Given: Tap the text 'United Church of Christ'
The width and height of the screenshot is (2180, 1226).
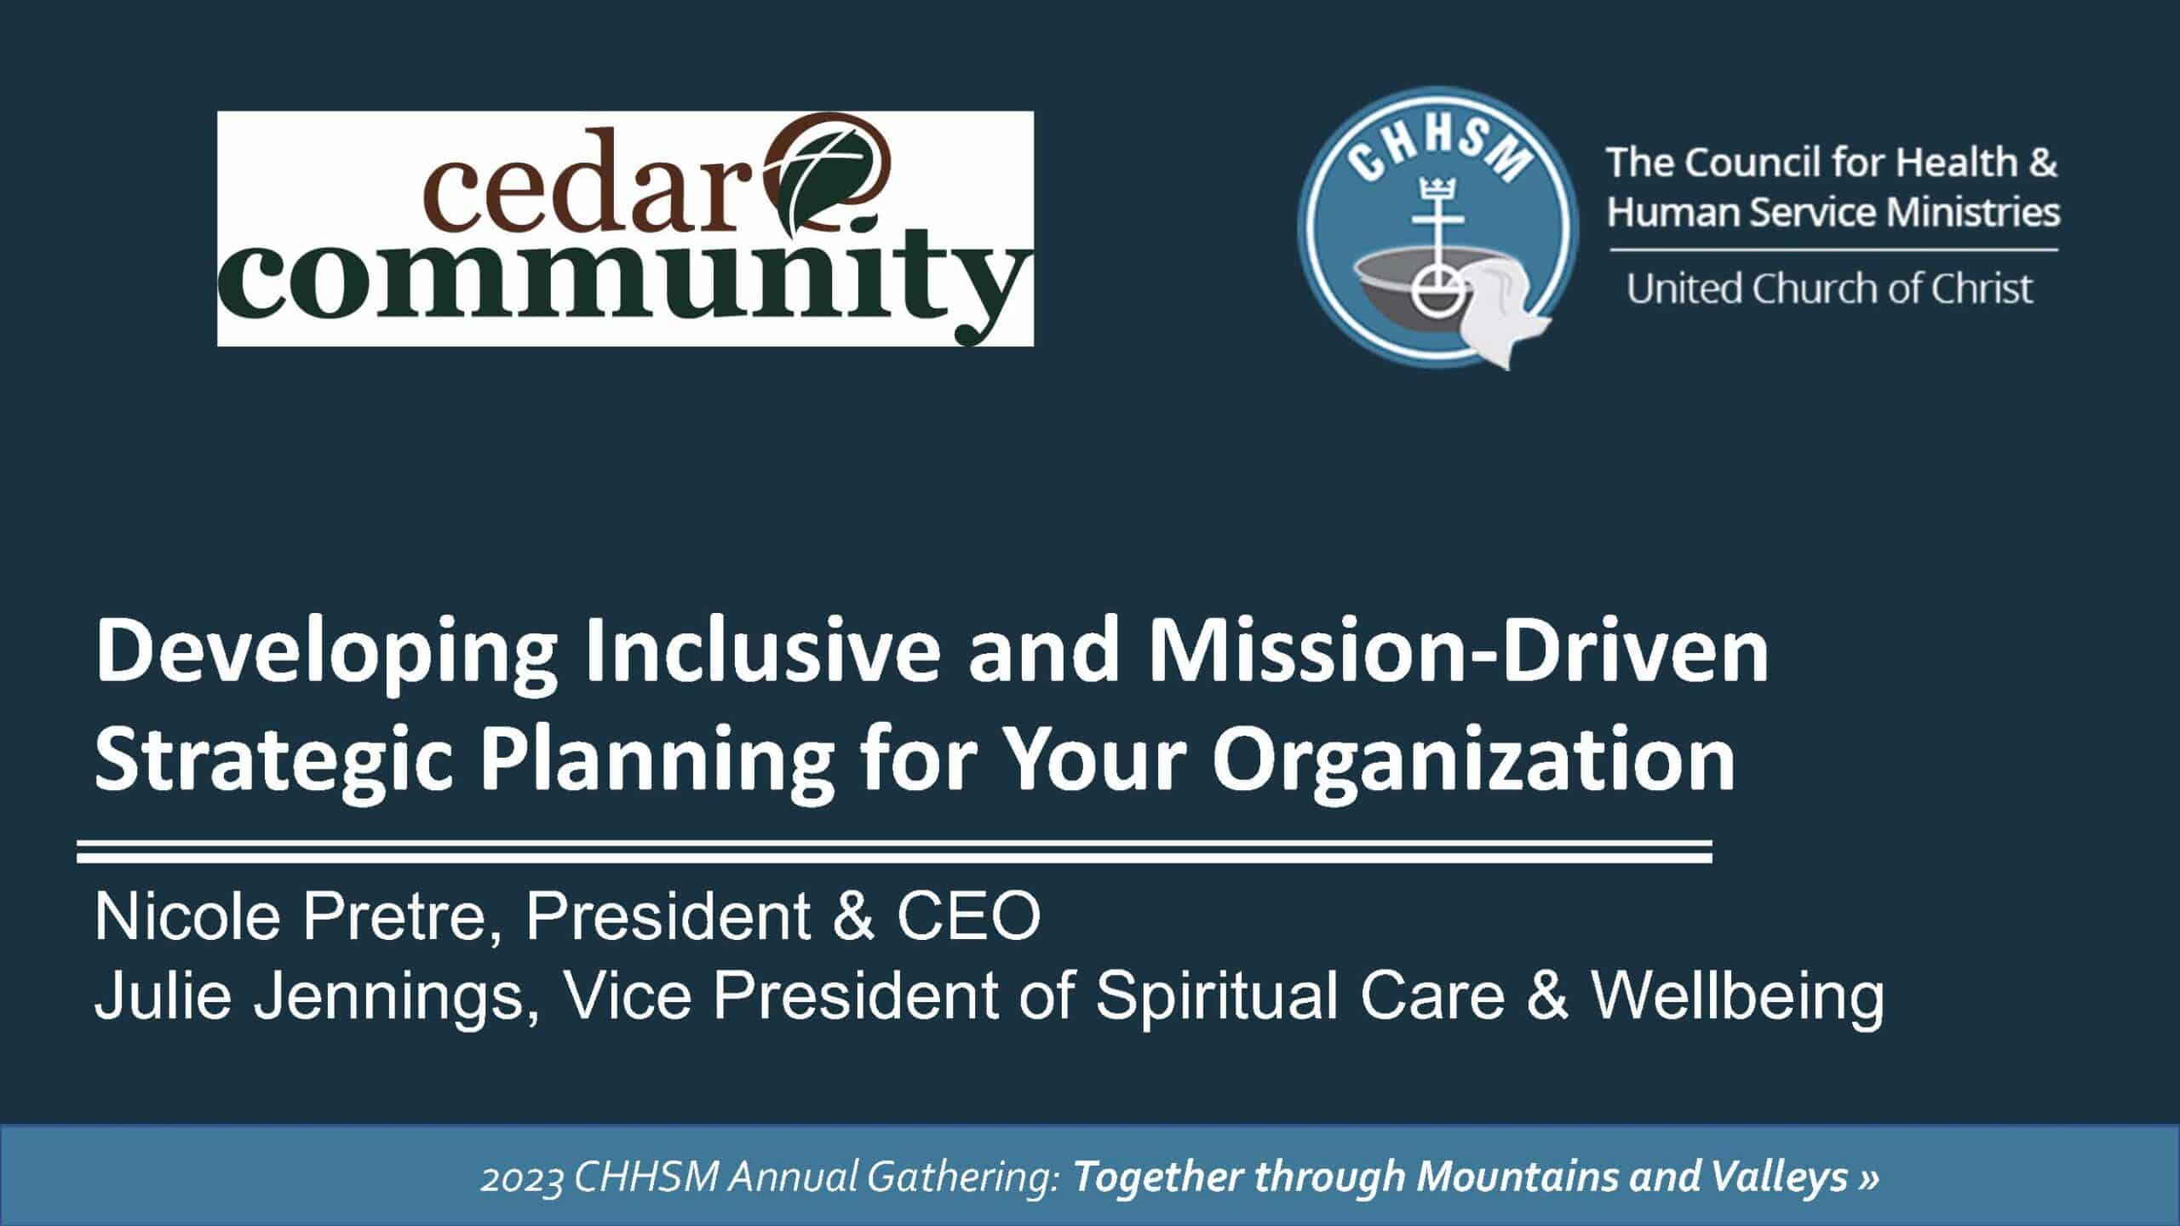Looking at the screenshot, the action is tap(1830, 289).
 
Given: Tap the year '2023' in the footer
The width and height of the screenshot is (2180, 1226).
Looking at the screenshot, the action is tap(522, 1178).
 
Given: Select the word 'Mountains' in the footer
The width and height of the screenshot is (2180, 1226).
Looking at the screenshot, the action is tap(1502, 1178).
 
